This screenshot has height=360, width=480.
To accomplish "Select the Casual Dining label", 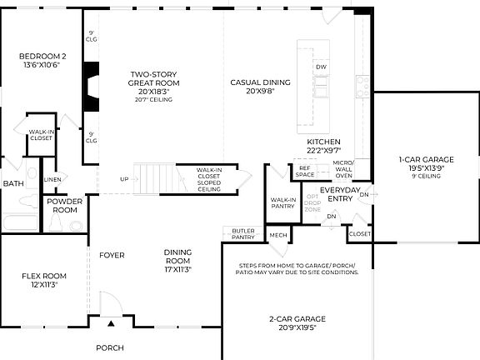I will click(x=260, y=87).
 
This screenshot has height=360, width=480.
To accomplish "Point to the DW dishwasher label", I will click(x=321, y=67).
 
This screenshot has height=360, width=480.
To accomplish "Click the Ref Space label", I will click(x=306, y=171).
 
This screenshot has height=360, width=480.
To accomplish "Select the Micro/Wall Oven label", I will click(x=343, y=169).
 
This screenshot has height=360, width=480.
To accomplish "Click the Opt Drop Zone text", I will click(x=312, y=203).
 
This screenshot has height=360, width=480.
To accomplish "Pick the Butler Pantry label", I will click(x=243, y=234).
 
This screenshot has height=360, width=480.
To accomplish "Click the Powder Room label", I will click(x=63, y=206).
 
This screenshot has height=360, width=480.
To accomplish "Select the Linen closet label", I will click(x=52, y=179).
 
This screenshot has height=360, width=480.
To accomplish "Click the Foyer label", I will click(x=112, y=255).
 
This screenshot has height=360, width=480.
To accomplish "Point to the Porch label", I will click(x=109, y=347).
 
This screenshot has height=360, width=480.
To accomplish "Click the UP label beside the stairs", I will click(x=124, y=179).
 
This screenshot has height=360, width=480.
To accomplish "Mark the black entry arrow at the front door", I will click(x=110, y=321).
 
